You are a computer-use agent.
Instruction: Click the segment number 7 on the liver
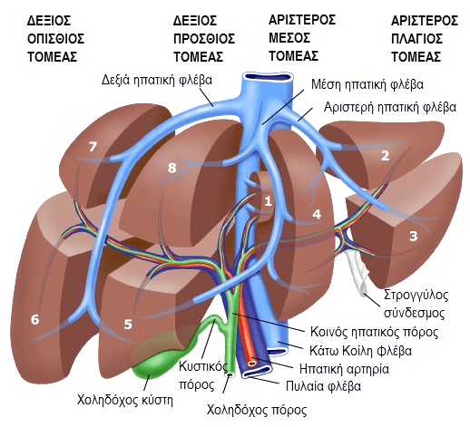pyautogui.click(x=93, y=147)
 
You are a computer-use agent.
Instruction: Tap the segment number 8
pyautogui.click(x=171, y=168)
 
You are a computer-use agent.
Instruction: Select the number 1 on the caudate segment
pyautogui.click(x=268, y=201)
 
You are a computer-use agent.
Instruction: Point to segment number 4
pyautogui.click(x=317, y=214)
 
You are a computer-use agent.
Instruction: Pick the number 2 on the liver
pyautogui.click(x=385, y=156)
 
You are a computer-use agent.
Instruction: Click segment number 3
pyautogui.click(x=413, y=236)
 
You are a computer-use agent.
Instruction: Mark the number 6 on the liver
pyautogui.click(x=35, y=319)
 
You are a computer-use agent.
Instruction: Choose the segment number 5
pyautogui.click(x=128, y=325)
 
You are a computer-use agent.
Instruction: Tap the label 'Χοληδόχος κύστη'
pyautogui.click(x=124, y=401)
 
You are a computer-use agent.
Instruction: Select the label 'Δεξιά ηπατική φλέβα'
pyautogui.click(x=157, y=81)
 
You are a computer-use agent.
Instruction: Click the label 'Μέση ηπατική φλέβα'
pyautogui.click(x=367, y=85)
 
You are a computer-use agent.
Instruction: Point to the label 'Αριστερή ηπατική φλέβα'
pyautogui.click(x=390, y=107)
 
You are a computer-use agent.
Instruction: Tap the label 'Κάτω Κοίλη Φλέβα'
pyautogui.click(x=360, y=351)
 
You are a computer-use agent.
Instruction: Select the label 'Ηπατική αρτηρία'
pyautogui.click(x=344, y=369)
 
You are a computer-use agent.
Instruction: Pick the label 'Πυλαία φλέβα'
pyautogui.click(x=324, y=386)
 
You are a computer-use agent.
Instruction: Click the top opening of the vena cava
pyautogui.click(x=267, y=76)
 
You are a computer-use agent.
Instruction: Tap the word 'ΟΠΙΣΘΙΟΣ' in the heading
pyautogui.click(x=56, y=39)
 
